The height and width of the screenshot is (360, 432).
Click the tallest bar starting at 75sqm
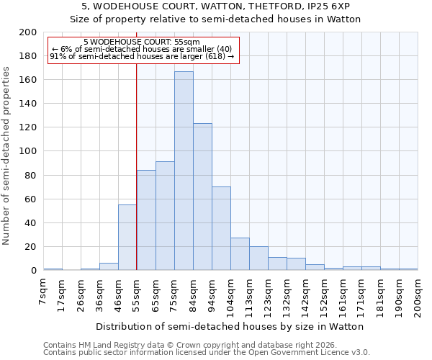pos(184,171)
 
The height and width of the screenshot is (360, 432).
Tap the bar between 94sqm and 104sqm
pos(221,228)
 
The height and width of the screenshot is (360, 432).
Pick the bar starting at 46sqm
pos(127,238)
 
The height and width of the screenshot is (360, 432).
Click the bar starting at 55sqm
pos(146,220)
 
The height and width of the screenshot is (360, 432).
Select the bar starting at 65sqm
pos(165,216)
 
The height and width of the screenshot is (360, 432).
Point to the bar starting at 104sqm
pos(240,254)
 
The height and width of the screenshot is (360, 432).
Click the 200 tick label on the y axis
pos(28,32)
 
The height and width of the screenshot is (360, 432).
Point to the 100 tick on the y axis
pos(28,151)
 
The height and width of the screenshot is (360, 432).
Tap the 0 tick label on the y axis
pos(33,271)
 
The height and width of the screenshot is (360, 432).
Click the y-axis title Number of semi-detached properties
pos(7,156)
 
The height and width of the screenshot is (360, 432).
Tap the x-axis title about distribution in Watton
pos(230,326)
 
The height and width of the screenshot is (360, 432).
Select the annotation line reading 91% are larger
pos(142,56)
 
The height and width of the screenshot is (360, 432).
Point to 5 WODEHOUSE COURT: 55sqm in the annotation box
pos(142,42)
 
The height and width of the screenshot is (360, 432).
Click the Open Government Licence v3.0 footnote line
pos(207,352)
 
